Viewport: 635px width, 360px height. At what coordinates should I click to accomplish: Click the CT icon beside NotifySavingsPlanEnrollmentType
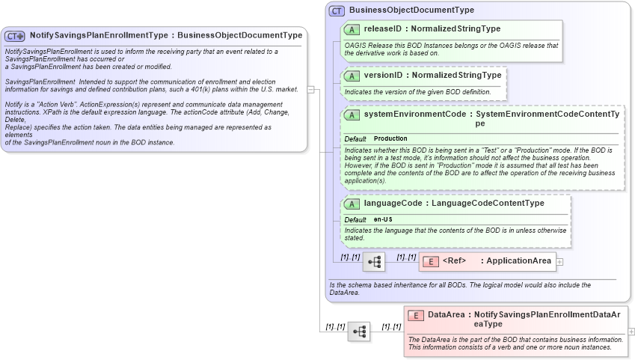[15, 35]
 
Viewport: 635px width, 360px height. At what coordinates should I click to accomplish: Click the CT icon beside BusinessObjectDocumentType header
[337, 10]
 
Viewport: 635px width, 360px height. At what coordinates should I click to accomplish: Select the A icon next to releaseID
[352, 29]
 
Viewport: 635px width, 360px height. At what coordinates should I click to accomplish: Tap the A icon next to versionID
[352, 76]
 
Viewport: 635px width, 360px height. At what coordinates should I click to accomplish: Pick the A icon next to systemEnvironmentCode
[352, 115]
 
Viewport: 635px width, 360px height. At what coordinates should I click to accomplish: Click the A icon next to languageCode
[352, 204]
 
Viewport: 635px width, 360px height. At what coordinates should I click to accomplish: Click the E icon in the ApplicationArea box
[431, 261]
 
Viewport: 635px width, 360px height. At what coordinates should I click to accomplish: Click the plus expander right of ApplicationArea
[559, 262]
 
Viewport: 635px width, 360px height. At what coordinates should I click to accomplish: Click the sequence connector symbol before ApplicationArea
[374, 262]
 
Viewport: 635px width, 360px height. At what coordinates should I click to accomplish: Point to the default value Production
[390, 139]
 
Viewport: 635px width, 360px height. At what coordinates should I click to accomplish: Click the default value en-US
[383, 219]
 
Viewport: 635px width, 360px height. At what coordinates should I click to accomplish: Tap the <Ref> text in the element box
[454, 261]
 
